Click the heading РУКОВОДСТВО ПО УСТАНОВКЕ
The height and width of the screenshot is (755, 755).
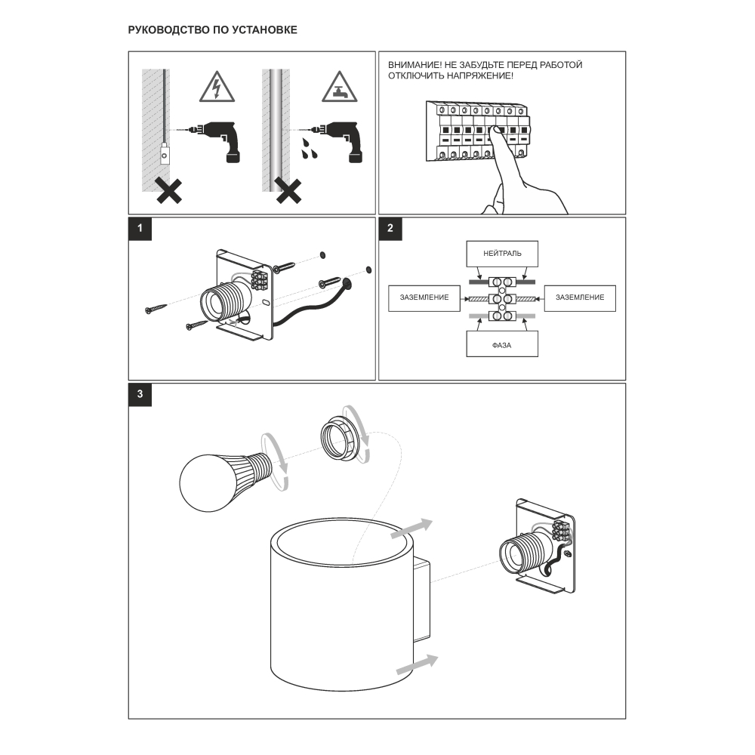point(213,30)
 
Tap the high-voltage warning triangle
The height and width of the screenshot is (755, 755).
point(216,89)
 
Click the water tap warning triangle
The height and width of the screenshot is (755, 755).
point(339,89)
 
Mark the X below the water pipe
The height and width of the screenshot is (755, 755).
point(288,192)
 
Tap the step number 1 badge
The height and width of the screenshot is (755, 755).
point(139,229)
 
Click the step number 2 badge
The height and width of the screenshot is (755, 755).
point(390,229)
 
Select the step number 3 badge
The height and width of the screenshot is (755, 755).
point(139,394)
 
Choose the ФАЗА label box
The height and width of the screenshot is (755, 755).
point(502,345)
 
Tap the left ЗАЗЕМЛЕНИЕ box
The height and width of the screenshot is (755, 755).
point(424,297)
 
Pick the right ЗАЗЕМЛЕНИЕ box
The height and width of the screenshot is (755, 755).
point(580,297)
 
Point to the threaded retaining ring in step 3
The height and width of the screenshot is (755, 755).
point(344,439)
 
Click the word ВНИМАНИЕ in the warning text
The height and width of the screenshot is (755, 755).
point(411,65)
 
